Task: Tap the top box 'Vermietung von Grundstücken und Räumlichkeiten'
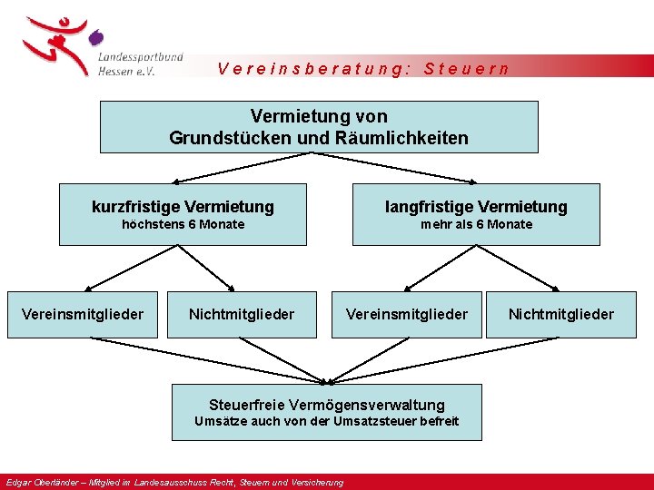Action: tap(318, 127)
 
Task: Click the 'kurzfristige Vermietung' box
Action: tap(183, 214)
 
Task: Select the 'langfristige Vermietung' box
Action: tap(476, 214)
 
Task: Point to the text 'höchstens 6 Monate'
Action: tap(183, 224)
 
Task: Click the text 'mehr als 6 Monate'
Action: tap(476, 224)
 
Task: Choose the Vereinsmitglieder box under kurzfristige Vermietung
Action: tap(83, 314)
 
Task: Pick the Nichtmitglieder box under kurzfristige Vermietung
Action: tap(242, 314)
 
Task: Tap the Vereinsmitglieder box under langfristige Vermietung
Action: tap(406, 314)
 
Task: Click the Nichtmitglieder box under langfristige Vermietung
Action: tap(560, 314)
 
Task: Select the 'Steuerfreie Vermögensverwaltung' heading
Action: tap(327, 405)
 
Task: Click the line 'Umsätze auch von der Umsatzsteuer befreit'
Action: tap(327, 421)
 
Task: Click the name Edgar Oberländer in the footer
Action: tap(34, 483)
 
